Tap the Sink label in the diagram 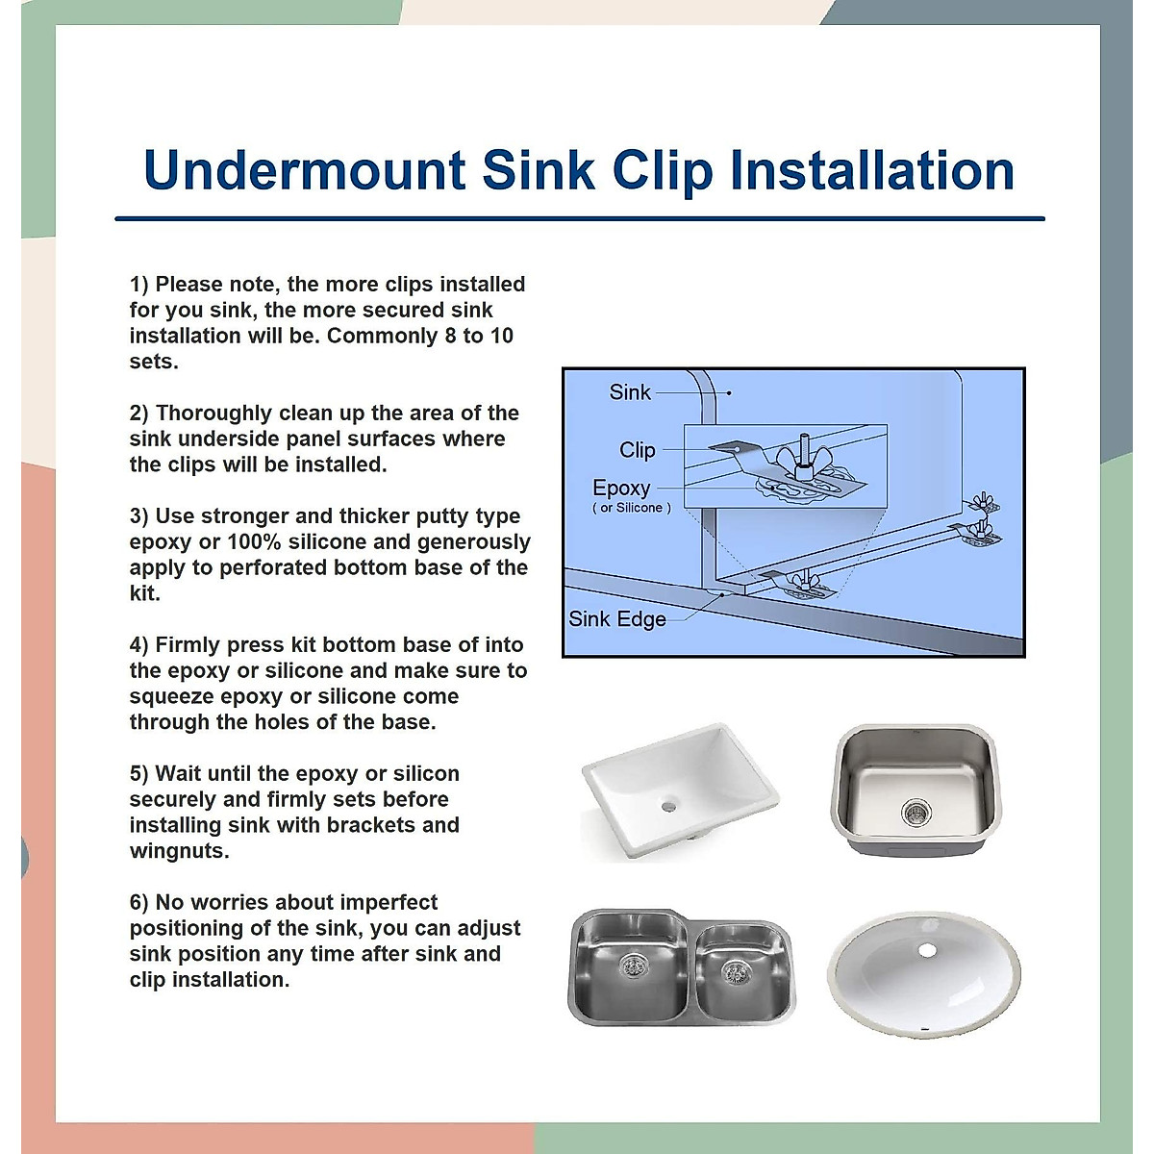[630, 392]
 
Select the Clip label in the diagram [637, 450]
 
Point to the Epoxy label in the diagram [621, 488]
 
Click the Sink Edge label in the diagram [616, 619]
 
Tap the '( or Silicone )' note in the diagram [631, 508]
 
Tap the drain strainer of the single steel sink [914, 813]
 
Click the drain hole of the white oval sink [926, 950]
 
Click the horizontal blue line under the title [579, 219]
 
